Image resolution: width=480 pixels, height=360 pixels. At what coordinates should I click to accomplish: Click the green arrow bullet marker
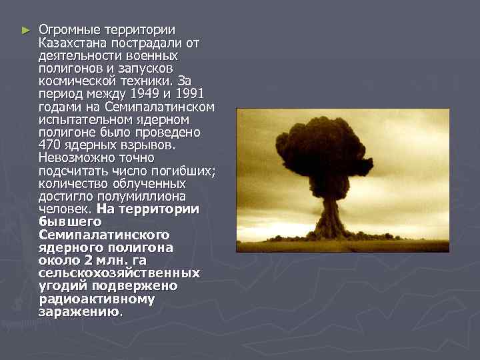click(x=25, y=30)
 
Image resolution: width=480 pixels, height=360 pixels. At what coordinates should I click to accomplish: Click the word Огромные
click(x=67, y=30)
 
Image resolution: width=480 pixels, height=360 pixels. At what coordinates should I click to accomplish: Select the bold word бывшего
click(x=70, y=221)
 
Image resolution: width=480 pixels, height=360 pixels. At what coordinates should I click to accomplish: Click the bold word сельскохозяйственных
click(x=119, y=273)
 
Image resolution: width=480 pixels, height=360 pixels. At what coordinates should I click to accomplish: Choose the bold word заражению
click(x=79, y=312)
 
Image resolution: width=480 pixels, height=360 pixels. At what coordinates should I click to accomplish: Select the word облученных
click(x=149, y=183)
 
